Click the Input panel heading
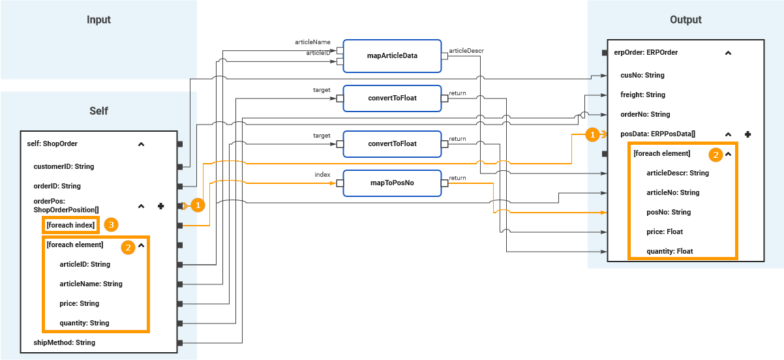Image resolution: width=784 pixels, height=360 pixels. (98, 20)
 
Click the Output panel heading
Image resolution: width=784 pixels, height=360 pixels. (686, 20)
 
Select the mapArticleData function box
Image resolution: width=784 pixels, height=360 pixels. (391, 55)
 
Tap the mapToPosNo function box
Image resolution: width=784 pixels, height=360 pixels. (391, 183)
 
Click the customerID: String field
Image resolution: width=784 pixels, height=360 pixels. (63, 166)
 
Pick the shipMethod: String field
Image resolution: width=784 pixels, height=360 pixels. (64, 342)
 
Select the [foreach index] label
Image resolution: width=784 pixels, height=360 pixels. (71, 225)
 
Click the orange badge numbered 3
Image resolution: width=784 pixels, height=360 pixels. (112, 225)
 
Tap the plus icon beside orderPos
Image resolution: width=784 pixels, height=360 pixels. (160, 206)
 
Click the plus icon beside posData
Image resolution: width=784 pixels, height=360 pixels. (748, 134)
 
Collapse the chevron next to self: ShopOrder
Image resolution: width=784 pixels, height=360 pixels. (141, 144)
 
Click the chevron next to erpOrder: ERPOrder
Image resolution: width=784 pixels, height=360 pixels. (728, 53)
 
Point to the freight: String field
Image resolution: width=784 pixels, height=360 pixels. (642, 95)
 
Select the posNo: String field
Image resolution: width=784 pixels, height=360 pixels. (669, 212)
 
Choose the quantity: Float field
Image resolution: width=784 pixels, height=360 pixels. (669, 251)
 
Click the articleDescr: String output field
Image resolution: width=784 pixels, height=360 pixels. (677, 173)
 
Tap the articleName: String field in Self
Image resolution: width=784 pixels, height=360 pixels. (91, 284)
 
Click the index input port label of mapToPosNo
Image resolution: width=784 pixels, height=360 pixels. (322, 175)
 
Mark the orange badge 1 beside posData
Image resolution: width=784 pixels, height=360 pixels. (592, 134)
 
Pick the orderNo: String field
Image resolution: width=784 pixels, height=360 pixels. (645, 114)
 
